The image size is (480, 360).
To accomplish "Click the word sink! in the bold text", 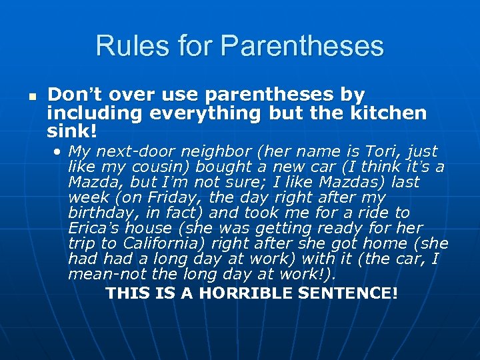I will coord(72,130).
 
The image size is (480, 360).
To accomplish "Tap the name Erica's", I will coord(92,227).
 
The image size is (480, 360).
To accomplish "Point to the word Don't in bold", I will coord(74,95).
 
